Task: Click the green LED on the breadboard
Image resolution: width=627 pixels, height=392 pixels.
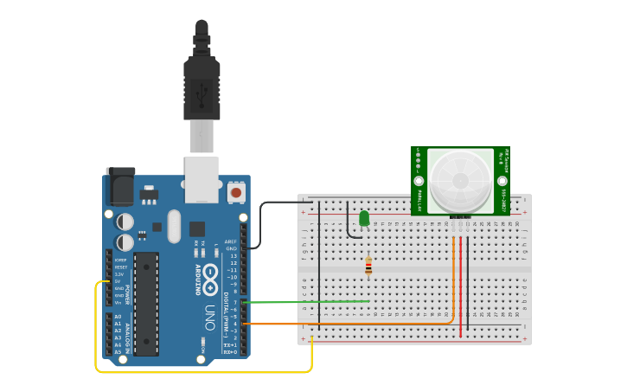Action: (364, 218)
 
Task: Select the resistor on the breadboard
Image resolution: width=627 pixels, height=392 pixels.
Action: (368, 266)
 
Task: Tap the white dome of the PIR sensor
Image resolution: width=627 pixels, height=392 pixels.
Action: (460, 180)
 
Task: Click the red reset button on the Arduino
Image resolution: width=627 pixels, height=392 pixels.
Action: (236, 192)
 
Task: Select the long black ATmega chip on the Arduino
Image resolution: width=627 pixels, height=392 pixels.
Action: (146, 303)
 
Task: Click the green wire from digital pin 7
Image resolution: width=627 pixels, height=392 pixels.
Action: (311, 302)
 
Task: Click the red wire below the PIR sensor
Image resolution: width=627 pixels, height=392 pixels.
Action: (460, 286)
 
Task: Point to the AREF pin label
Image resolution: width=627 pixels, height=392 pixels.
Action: (231, 241)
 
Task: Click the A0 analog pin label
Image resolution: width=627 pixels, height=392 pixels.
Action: (118, 317)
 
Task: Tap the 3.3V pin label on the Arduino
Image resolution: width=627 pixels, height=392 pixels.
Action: (119, 273)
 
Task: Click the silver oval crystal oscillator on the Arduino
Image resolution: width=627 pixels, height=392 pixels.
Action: (175, 226)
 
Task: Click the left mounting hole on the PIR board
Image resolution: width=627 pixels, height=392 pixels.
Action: (419, 182)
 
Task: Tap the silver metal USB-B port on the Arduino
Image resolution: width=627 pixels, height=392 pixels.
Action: (202, 179)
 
